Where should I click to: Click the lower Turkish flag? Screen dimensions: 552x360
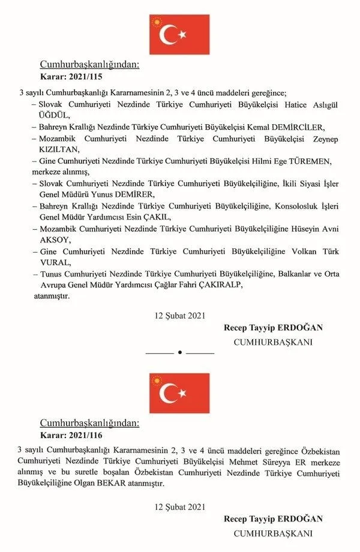[179, 393]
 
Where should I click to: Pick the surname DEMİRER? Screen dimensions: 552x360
[136, 194]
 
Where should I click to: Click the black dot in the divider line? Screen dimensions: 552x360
[179, 352]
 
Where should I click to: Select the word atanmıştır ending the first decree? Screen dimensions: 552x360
[53, 296]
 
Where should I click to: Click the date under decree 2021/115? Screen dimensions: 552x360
[179, 315]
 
